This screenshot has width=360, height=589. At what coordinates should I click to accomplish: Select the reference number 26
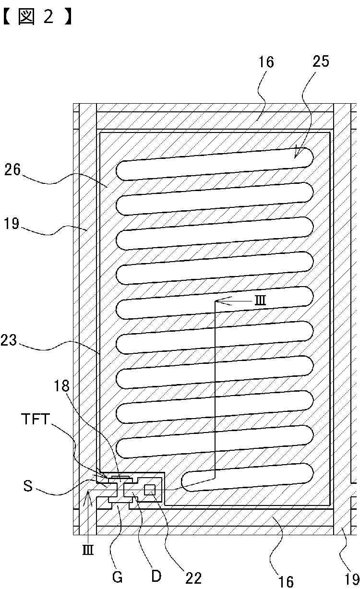coord(12,170)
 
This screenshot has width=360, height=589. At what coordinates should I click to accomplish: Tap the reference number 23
coord(9,341)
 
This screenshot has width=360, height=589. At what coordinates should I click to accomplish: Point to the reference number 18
coord(62,386)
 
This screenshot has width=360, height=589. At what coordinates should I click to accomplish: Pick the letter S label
coord(28,486)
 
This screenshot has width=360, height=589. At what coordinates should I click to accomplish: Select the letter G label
coord(118,577)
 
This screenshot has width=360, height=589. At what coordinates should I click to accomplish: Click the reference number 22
coord(193,577)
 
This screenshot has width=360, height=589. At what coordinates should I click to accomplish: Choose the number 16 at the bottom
coord(286,581)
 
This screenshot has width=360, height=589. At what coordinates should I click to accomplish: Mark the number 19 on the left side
coord(12,224)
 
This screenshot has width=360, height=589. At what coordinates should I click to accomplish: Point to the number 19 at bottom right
coord(352,578)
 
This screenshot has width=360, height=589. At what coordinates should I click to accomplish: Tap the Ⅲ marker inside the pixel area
coord(259,301)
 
